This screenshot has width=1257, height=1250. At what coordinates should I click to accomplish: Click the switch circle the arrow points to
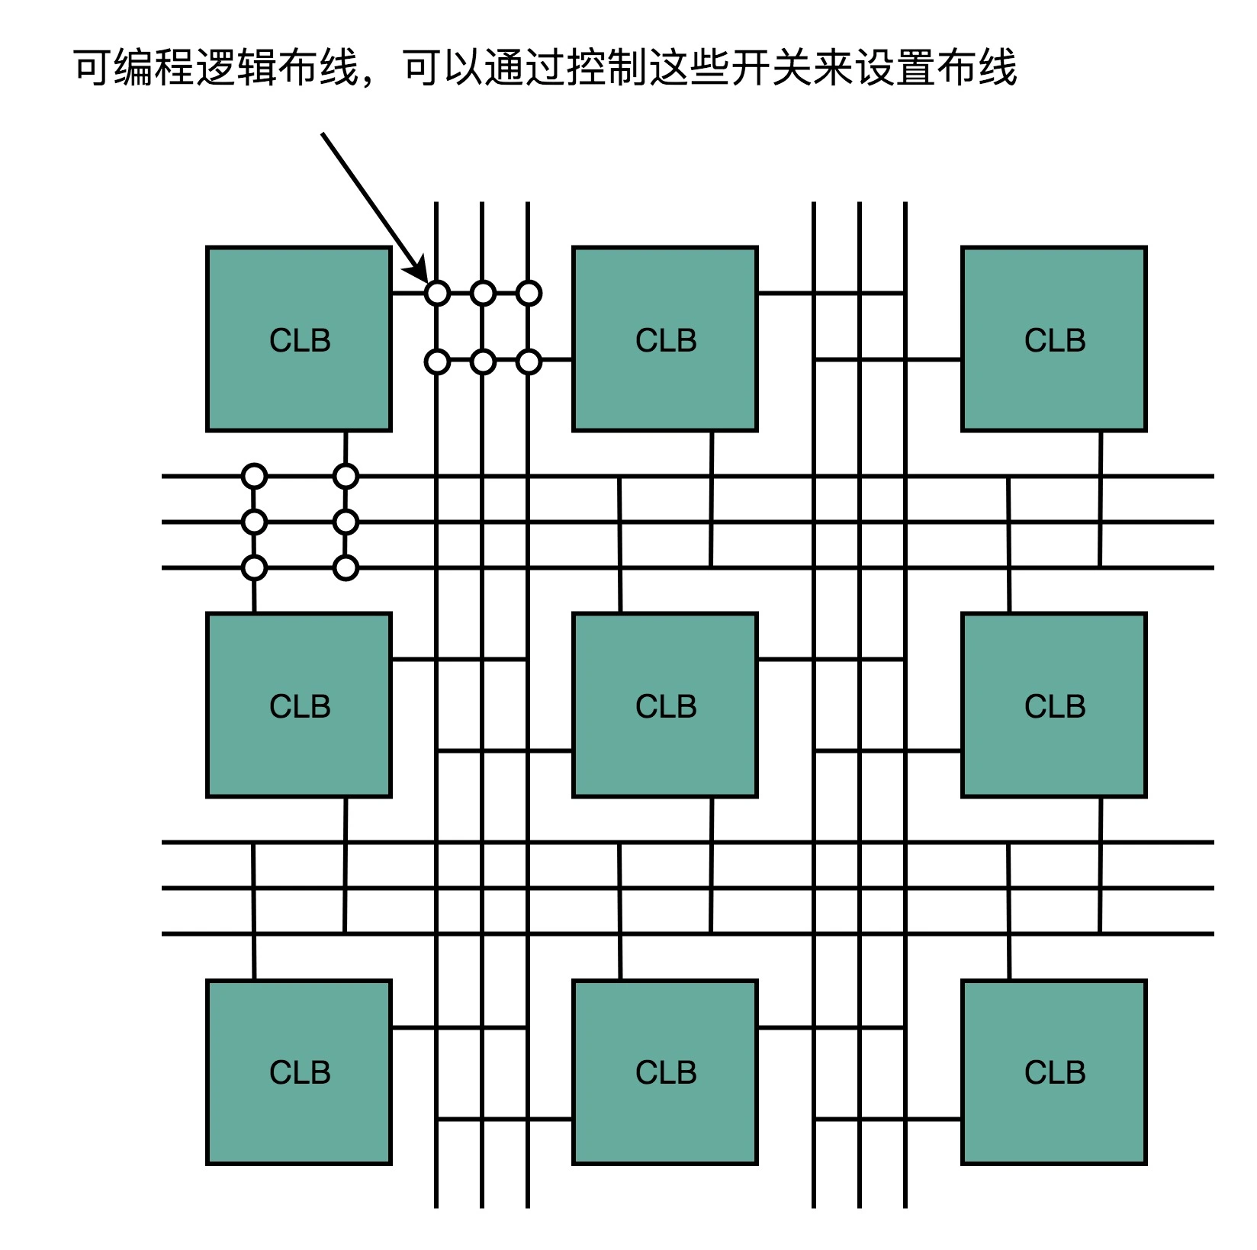coord(437,293)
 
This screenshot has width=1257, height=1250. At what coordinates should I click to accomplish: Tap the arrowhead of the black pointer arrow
coord(418,272)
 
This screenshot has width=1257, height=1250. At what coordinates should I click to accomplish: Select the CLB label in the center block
coord(665,706)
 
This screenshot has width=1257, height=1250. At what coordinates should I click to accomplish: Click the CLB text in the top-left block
coord(299,340)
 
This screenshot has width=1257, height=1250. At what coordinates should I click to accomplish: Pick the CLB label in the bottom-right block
coord(1054,1072)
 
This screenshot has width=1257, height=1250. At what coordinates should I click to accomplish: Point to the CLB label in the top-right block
coord(1054,340)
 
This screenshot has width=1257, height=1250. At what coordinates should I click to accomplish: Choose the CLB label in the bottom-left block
coord(299,1072)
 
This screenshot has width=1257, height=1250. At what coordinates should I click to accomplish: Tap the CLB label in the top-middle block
coord(665,340)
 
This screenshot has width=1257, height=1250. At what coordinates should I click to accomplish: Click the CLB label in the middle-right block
coord(1054,706)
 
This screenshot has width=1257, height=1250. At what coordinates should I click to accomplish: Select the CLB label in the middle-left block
coord(299,706)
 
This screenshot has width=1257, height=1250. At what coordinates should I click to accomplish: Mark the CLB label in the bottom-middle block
coord(665,1072)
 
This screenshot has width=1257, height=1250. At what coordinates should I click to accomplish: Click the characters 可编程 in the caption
coord(133,68)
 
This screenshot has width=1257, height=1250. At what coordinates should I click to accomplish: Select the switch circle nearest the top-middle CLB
coord(529,361)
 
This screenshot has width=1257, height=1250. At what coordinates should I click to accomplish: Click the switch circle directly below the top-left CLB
coord(346,477)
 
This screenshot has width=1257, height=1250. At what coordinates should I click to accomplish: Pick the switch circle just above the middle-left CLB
coord(254,568)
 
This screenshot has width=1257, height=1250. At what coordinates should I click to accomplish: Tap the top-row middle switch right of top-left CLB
coord(483,293)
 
